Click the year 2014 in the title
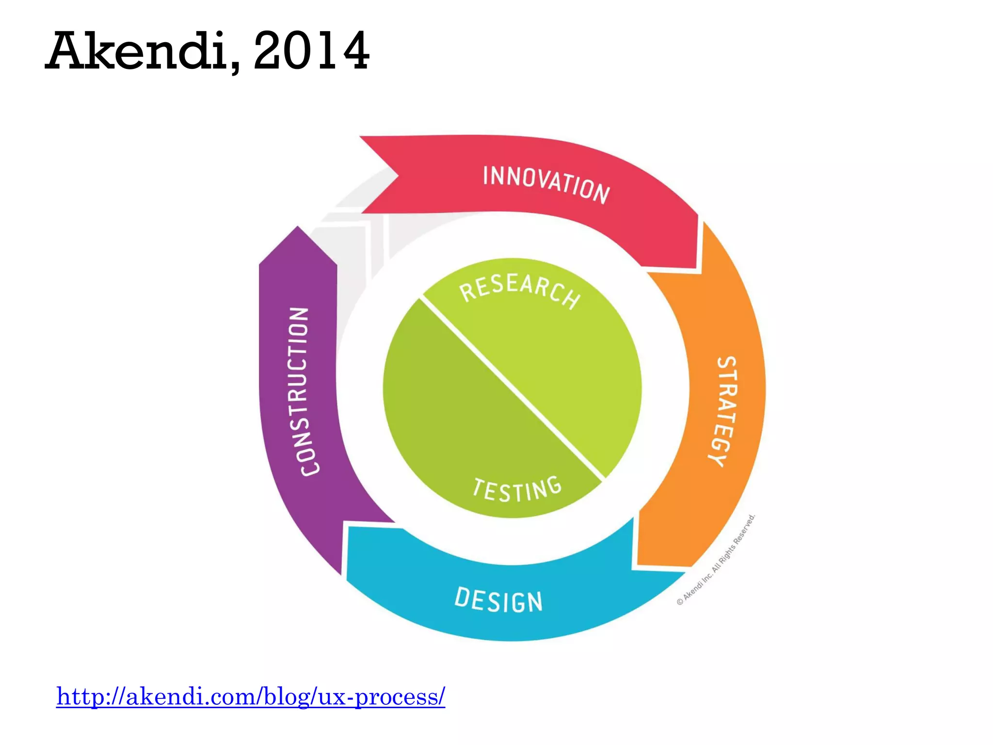coord(311,51)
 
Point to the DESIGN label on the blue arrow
coord(498,600)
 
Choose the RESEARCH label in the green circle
coord(520,290)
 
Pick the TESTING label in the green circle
coord(517,489)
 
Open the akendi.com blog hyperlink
coord(251,696)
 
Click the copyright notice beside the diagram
coord(716,560)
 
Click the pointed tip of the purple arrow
coord(298,229)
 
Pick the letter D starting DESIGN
coord(462,597)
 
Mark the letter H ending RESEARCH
coord(572,297)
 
